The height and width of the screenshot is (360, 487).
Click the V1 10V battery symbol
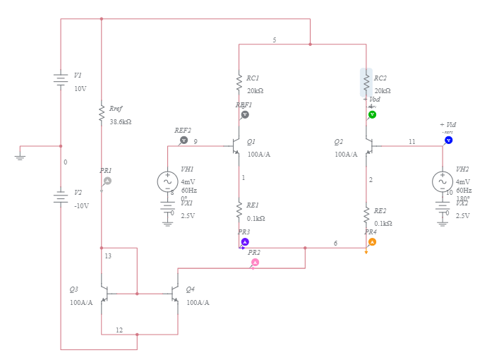(61, 80)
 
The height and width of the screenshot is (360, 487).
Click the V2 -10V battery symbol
(61, 198)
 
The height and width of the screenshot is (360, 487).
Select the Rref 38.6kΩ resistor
(102, 114)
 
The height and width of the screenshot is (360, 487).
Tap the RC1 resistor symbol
(239, 83)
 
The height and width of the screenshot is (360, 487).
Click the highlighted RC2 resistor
(366, 83)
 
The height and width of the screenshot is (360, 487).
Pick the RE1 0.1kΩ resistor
(239, 210)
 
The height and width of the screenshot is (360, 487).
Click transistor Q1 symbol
(234, 146)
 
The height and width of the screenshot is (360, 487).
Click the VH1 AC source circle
(168, 181)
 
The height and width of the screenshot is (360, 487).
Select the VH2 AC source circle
(443, 181)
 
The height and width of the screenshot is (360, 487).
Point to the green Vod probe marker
(373, 114)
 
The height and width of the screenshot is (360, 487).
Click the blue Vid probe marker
(448, 140)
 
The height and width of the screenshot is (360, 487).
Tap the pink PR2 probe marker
(255, 263)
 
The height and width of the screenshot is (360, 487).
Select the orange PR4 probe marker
(372, 241)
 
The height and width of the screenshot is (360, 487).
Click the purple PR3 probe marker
(245, 241)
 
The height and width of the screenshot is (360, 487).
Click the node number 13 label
(108, 256)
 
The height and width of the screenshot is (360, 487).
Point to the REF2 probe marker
(184, 140)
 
